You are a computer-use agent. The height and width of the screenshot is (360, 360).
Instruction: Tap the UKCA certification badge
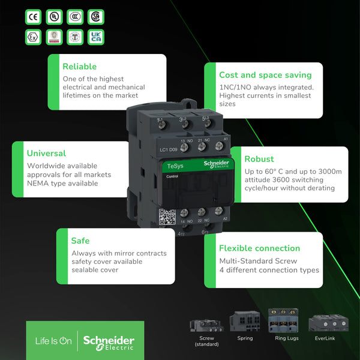(95, 37)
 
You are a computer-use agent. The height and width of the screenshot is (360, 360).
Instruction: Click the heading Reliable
(79, 67)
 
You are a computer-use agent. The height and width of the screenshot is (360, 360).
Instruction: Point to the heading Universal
(46, 153)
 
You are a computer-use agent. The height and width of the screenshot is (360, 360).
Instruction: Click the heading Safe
(80, 241)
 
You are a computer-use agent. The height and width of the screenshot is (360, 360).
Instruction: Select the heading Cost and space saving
(265, 75)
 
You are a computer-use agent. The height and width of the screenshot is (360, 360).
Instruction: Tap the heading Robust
(259, 159)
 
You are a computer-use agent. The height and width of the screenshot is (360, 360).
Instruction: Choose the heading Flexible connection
(259, 248)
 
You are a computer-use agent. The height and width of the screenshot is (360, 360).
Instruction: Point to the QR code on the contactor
(166, 216)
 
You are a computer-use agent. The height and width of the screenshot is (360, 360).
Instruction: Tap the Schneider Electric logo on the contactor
(216, 166)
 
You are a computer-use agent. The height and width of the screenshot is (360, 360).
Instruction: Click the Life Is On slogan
(52, 341)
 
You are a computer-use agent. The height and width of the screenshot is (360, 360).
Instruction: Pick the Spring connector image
(244, 322)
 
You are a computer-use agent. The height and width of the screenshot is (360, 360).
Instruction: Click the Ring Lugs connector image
(283, 320)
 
